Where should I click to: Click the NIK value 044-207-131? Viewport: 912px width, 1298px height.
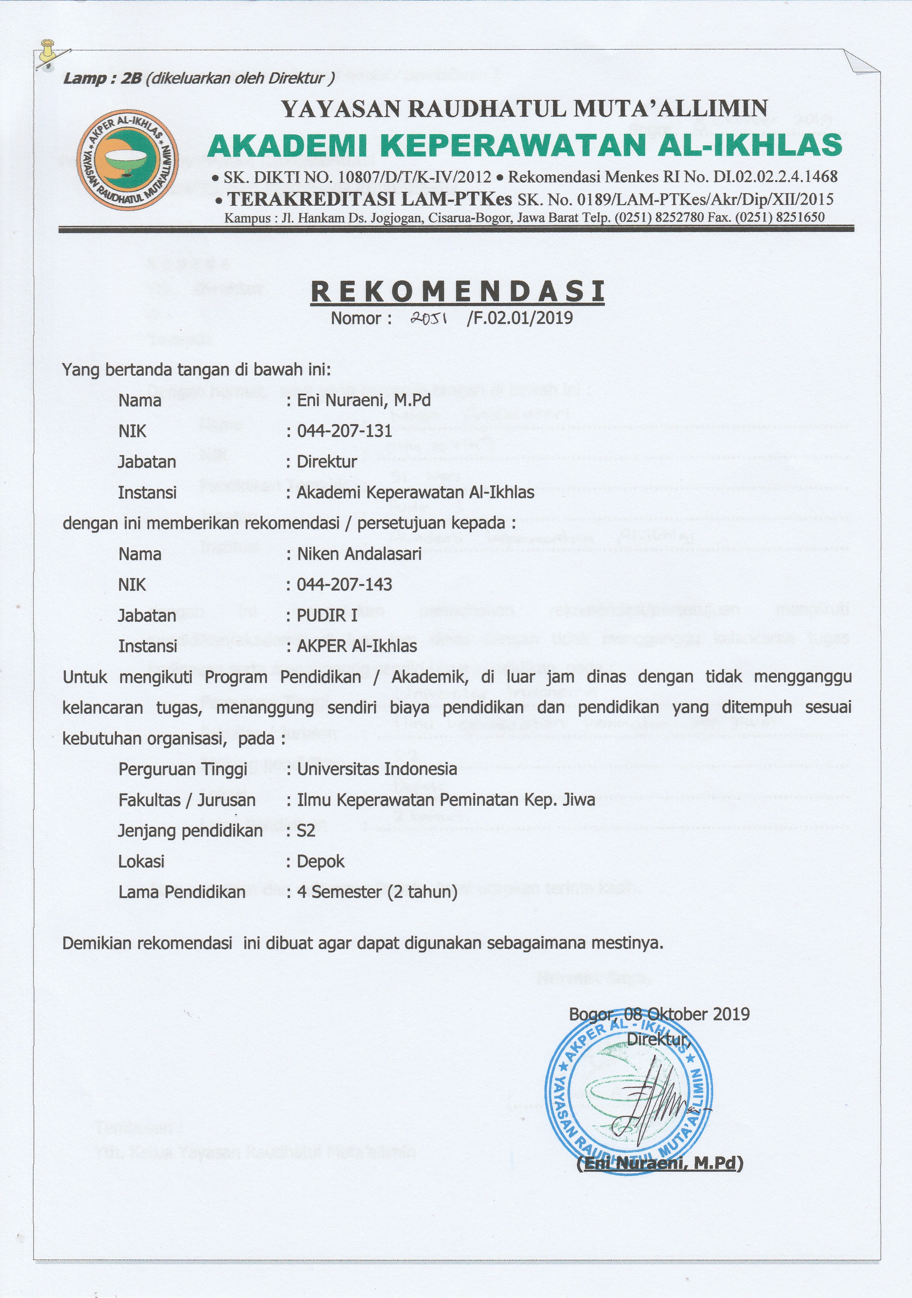[344, 431]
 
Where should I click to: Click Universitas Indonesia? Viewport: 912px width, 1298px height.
[377, 769]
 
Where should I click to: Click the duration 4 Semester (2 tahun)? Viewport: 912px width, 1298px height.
[377, 892]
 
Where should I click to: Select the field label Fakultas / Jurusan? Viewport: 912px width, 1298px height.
[187, 799]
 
